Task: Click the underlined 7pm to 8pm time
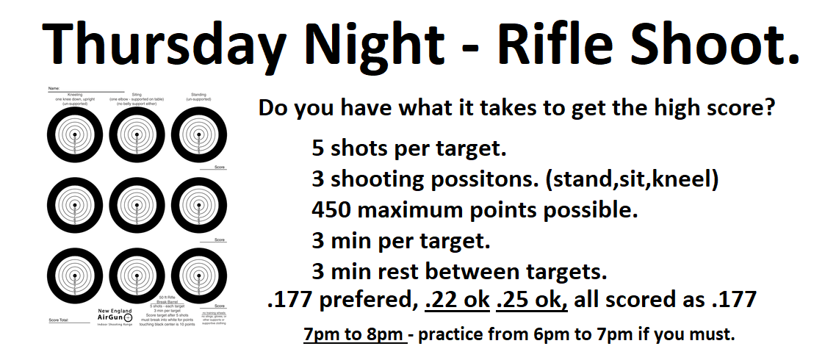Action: (x=354, y=334)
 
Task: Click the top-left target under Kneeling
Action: (x=74, y=135)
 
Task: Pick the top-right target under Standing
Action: (x=199, y=135)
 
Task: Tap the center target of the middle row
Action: (x=137, y=206)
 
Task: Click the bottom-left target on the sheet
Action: (x=74, y=276)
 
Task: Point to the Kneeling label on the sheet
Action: (x=74, y=94)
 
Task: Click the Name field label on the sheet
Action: (x=53, y=87)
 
